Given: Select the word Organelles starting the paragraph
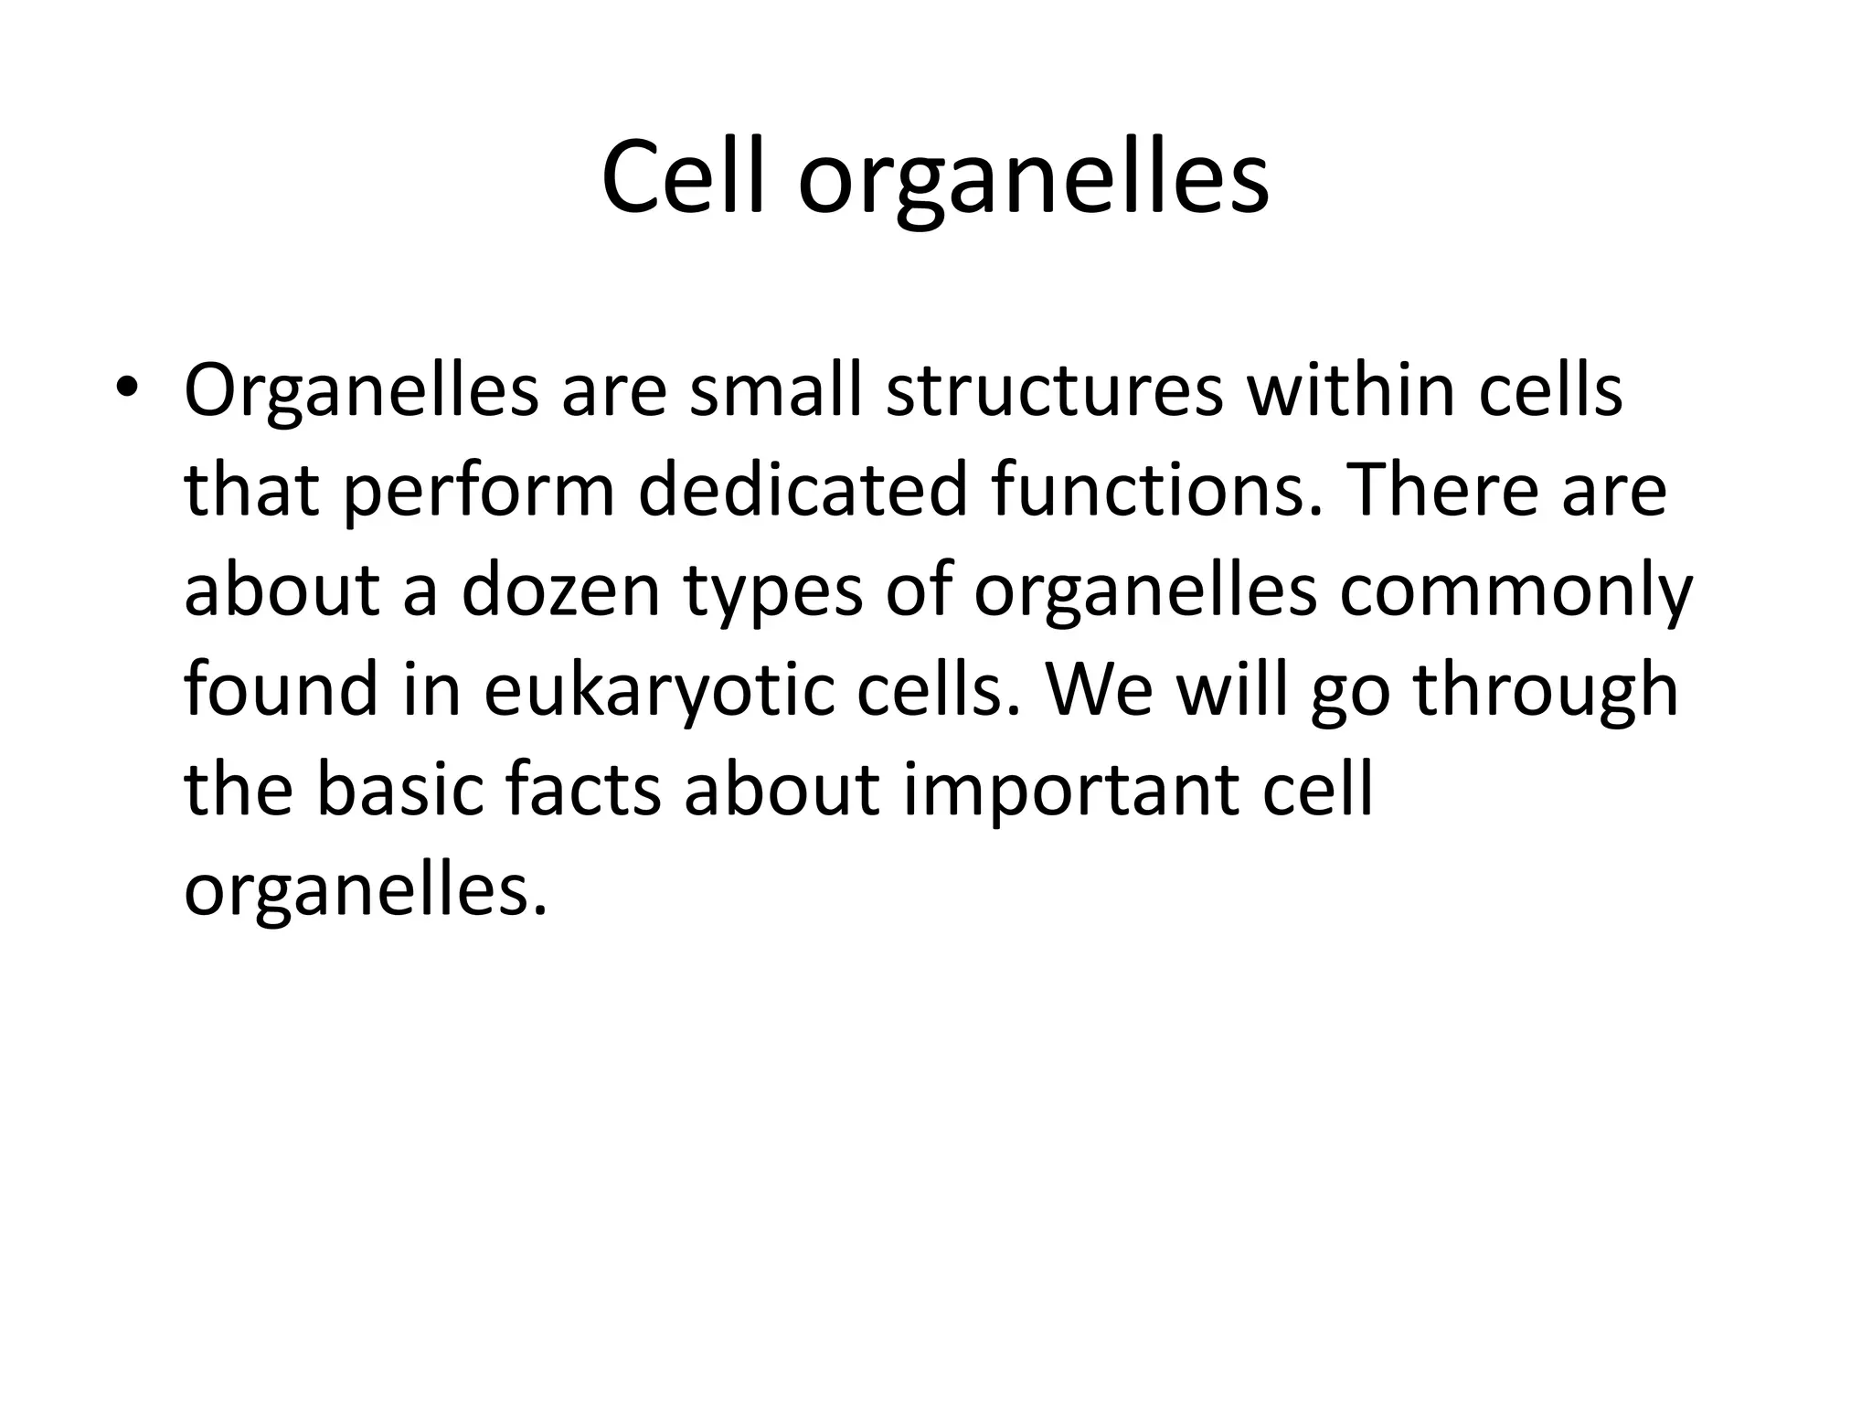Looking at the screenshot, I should [x=360, y=391].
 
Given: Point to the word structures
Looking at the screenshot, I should [x=1054, y=391].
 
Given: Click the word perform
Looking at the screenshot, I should [x=481, y=491].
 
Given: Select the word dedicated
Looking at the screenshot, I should [x=802, y=491].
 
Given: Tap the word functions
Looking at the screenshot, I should [x=1155, y=491].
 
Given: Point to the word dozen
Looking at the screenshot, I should [x=559, y=590].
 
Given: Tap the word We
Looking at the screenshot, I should [x=1101, y=691].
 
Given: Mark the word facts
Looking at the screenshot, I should [x=582, y=790].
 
